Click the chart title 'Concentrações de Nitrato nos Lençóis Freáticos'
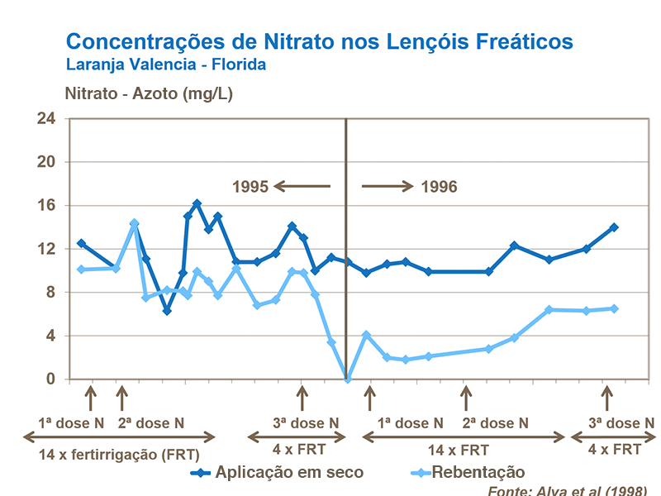319,41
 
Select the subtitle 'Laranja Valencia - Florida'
165,64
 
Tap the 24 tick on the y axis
45,119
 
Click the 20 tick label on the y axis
45,163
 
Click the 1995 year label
250,187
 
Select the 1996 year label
439,187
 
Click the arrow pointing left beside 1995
302,187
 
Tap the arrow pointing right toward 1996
387,187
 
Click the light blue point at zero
348,379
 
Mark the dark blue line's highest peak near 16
197,203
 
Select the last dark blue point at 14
614,227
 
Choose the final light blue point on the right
614,308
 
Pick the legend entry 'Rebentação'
478,472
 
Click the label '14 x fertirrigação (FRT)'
119,453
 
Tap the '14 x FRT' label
458,451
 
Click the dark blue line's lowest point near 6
167,311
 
